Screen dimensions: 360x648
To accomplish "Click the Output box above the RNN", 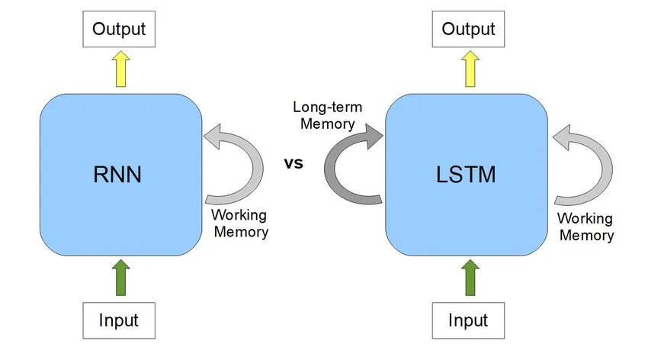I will tap(120, 30).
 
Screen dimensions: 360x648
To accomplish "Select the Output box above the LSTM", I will tap(468, 30).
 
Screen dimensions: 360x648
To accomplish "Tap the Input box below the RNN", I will tap(120, 320).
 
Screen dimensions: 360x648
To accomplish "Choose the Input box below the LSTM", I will tap(468, 320).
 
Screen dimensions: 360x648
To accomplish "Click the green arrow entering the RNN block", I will tap(120, 277).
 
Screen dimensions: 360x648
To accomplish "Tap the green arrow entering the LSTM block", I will tap(468, 277).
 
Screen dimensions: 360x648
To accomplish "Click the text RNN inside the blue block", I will tap(120, 175).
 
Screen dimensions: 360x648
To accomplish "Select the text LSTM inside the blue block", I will tap(467, 175).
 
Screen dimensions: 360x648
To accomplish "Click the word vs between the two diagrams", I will tap(294, 162).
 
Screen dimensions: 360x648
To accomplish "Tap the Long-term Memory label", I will tap(327, 115).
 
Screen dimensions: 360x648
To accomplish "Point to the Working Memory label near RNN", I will tap(239, 223).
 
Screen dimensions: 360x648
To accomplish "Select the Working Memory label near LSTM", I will tap(586, 227).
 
